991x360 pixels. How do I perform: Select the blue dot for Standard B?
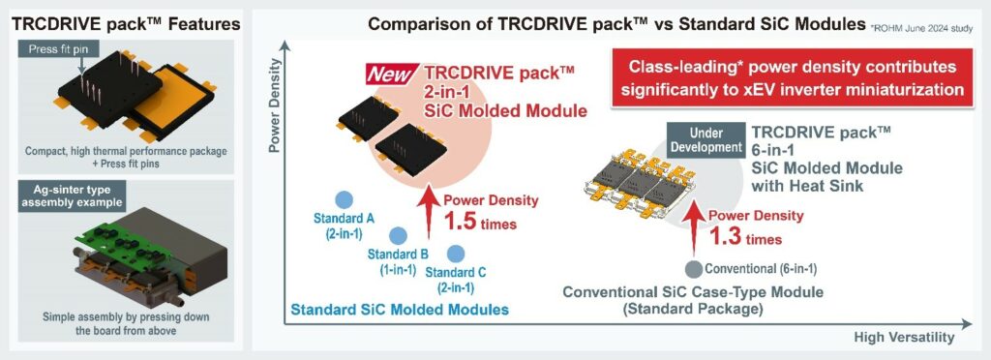click(x=397, y=235)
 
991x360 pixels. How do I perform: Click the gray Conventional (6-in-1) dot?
click(x=693, y=268)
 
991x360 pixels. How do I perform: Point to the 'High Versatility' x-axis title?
click(x=905, y=337)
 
